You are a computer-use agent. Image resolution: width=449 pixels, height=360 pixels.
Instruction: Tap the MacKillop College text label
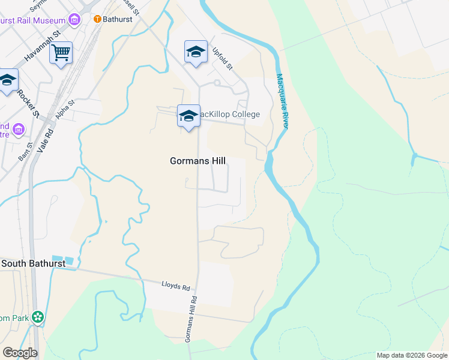coord(228,115)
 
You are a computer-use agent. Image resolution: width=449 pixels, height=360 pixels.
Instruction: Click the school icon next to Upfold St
coord(196,52)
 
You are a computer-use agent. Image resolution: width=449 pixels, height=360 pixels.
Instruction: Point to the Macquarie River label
coord(282,100)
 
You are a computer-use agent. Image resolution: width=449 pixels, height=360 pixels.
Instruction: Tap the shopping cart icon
coord(61,54)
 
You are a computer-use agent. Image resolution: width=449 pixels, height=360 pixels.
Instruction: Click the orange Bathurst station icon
coord(97,19)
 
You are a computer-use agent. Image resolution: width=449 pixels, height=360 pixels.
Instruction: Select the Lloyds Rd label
coord(175,286)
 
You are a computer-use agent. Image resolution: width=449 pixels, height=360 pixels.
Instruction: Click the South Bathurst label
coord(33,263)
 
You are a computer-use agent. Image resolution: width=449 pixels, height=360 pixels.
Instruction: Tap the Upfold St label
coord(222,58)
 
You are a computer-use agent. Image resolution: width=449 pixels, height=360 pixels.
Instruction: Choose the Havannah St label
coord(44,47)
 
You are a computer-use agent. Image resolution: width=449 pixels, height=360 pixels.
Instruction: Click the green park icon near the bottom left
coord(38,316)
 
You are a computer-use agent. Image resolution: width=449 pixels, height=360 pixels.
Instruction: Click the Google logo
coord(20,353)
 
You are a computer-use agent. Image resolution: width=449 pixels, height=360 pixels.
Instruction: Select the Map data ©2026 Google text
coord(412,355)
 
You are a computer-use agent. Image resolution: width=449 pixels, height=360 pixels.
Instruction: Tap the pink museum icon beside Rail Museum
coord(74,20)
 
